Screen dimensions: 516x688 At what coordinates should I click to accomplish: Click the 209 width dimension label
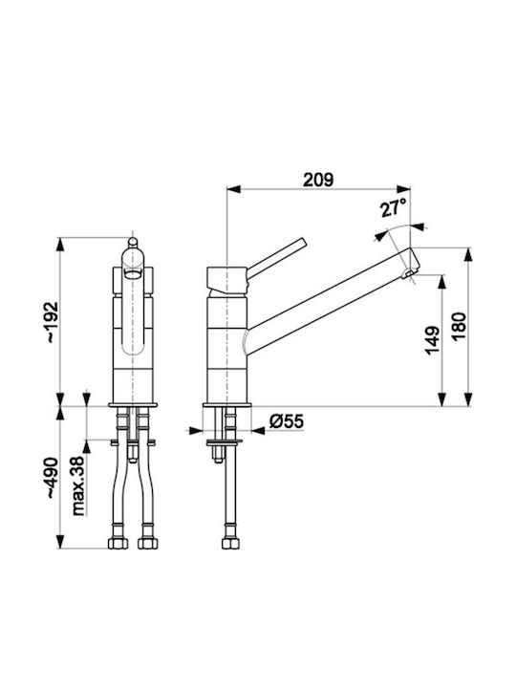point(318,180)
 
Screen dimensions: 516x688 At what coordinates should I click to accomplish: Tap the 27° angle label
point(393,207)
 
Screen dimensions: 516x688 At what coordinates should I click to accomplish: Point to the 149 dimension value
point(433,340)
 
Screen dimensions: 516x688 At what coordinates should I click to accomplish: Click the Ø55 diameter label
point(286,421)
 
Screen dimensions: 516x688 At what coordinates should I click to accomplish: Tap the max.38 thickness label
point(77,485)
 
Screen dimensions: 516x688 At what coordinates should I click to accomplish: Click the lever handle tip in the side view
point(302,242)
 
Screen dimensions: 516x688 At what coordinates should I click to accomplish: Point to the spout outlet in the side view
point(409,274)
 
